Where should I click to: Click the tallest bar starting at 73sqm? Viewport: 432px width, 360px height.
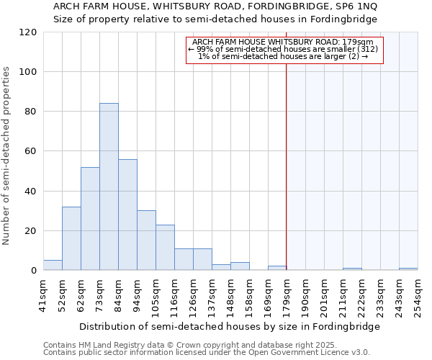(109, 187)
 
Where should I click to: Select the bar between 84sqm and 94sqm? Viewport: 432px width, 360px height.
(127, 215)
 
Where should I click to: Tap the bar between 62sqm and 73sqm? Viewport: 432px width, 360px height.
(90, 219)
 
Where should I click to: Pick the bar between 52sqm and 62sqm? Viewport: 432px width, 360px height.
(71, 238)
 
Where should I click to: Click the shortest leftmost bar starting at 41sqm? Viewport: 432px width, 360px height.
(53, 266)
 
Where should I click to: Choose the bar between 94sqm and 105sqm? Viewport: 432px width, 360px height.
(146, 240)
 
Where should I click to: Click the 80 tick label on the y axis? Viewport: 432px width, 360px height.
(31, 112)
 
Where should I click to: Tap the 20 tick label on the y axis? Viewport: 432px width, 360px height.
(31, 231)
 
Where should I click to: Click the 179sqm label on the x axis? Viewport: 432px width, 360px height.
(287, 294)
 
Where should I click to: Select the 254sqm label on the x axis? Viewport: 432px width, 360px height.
(418, 294)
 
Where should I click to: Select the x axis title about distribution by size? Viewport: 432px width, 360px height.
(229, 326)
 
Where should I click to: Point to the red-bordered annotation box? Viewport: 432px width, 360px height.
(284, 50)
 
